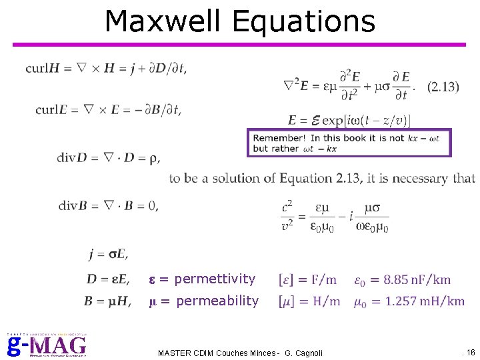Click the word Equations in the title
click(303, 22)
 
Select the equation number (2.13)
click(443, 87)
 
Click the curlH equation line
click(106, 69)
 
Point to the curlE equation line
click(108, 110)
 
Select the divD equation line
click(109, 158)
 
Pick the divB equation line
click(109, 205)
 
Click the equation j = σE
click(107, 254)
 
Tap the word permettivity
click(214, 279)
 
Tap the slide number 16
click(470, 352)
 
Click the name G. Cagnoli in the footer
click(303, 353)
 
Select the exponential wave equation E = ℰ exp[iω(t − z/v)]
click(349, 121)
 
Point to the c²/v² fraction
click(287, 216)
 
